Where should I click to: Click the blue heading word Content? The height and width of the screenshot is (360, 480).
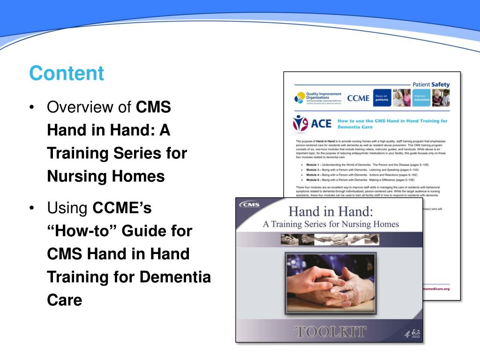click(x=66, y=74)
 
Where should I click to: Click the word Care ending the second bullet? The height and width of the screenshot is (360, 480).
click(x=64, y=300)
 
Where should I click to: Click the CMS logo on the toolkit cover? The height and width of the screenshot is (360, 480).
click(x=249, y=205)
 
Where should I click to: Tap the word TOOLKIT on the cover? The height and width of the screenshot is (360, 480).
click(x=330, y=332)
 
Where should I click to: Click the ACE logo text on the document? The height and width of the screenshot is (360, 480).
click(x=312, y=124)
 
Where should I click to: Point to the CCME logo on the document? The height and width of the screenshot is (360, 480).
click(x=358, y=98)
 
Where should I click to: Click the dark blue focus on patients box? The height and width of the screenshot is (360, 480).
click(x=382, y=98)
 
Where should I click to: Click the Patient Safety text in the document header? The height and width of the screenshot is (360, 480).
click(x=430, y=84)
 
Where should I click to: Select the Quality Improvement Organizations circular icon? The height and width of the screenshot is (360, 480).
click(x=299, y=98)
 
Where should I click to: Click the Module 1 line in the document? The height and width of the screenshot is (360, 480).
click(x=361, y=165)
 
